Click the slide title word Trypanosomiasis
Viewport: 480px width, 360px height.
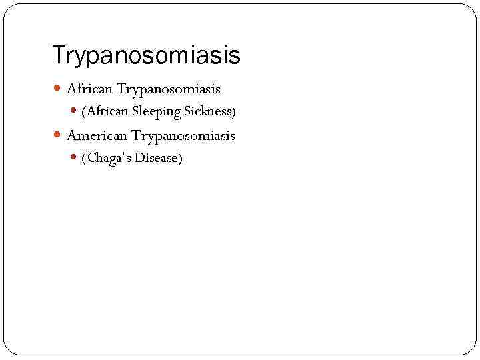146,56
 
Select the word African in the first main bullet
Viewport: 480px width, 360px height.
90,89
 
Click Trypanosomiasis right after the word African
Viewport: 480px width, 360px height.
169,89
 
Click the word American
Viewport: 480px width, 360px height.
97,136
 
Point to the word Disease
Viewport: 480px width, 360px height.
156,159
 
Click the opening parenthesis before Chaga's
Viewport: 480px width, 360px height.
83,159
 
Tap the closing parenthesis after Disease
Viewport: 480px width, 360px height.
180,159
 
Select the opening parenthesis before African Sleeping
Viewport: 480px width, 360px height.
83,111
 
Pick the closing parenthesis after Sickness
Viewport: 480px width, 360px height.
234,111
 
